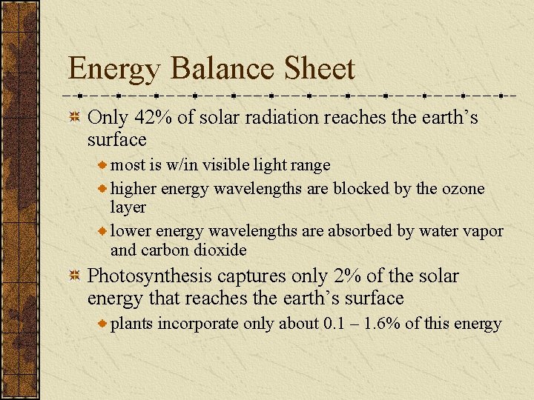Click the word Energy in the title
[x=113, y=70]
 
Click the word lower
[x=131, y=230]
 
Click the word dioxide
[x=220, y=250]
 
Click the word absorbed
[x=363, y=230]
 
